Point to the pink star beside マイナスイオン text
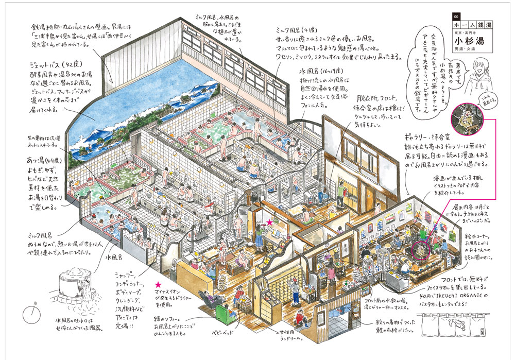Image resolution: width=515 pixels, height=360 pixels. [158, 284]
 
